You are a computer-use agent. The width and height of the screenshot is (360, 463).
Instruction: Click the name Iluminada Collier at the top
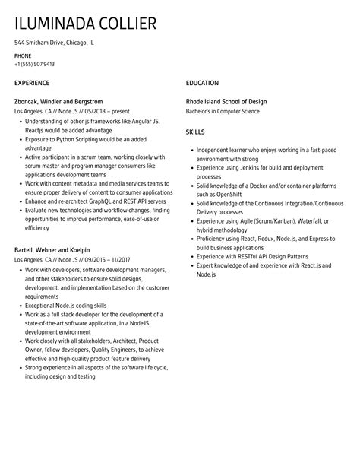[x=85, y=24]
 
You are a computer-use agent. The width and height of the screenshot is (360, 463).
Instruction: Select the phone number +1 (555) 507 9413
[x=34, y=64]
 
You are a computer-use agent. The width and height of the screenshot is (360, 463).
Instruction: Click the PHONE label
[x=23, y=55]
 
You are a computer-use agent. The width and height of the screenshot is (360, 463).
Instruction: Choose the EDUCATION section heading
[x=202, y=83]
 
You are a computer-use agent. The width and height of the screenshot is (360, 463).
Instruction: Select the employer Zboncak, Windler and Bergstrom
[x=58, y=101]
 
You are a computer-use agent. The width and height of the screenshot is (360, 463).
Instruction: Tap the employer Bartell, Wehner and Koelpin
[x=52, y=249]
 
